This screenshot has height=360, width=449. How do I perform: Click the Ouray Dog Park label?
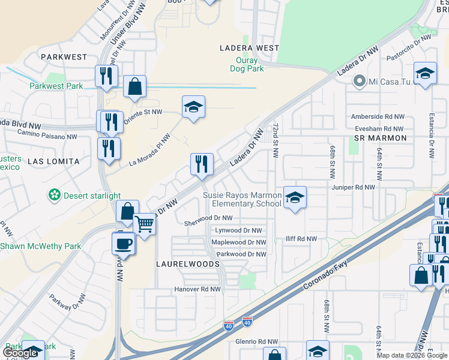[247, 65]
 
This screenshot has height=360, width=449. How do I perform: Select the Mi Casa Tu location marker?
[360, 81]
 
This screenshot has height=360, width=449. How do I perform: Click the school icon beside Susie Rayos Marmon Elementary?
[294, 199]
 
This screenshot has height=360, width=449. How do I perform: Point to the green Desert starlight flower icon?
[55, 196]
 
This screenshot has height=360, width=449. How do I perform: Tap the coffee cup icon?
[124, 244]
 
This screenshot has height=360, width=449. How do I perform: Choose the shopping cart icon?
[145, 225]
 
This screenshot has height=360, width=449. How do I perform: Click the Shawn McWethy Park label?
[40, 246]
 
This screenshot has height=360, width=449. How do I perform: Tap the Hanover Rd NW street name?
[197, 289]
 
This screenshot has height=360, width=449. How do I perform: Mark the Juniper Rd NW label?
[353, 187]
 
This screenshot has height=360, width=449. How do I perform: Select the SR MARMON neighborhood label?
[381, 138]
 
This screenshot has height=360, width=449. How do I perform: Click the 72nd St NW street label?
[276, 142]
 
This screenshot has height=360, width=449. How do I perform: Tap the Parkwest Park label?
[56, 86]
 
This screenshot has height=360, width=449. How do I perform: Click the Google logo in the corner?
[20, 353]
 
